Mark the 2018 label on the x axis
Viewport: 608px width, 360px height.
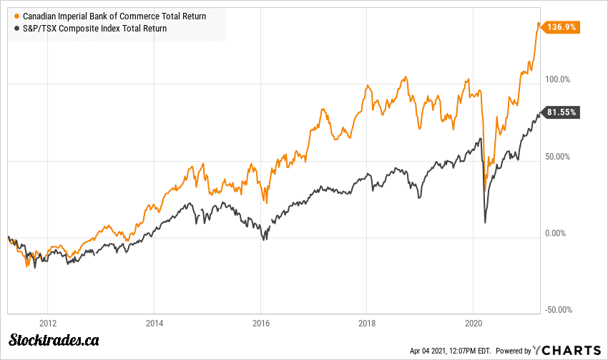[367, 323]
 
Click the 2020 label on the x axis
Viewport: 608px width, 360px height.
[474, 323]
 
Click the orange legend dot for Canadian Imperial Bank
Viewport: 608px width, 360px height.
[17, 15]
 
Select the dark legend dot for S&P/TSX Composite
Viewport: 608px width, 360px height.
[17, 29]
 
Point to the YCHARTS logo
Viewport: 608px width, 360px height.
[568, 350]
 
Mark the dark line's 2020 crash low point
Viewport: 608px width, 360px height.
[486, 223]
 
